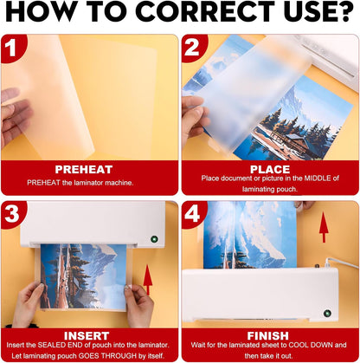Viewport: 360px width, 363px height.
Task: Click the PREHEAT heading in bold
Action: point(90,169)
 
